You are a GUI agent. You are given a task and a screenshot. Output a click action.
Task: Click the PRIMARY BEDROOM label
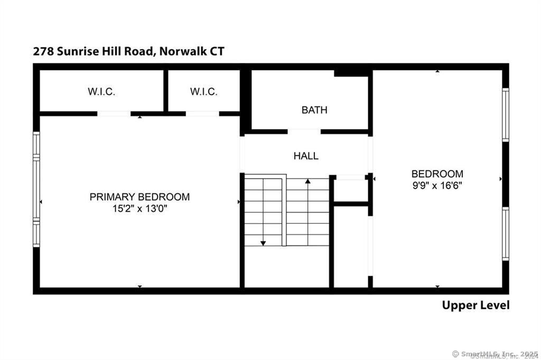pos(139,197)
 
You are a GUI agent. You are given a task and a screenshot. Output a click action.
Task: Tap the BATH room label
pos(314,110)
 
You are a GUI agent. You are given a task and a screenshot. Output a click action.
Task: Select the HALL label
pos(306,156)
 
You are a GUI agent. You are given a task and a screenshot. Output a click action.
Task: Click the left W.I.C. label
pos(101,91)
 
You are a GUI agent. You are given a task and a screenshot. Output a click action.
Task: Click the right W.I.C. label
pos(203,91)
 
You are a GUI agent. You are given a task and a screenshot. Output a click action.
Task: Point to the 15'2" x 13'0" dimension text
pos(139,209)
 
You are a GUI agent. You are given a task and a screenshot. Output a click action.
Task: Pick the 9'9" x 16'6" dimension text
pos(437,185)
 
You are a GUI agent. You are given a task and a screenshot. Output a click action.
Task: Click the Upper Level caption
pos(475,305)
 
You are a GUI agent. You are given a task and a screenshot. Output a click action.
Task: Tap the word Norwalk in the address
pos(185,51)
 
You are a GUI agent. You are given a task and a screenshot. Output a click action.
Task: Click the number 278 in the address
pos(42,51)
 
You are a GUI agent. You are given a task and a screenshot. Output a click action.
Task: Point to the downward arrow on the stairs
pos(263,242)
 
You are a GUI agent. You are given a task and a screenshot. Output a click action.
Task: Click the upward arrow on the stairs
pos(308,182)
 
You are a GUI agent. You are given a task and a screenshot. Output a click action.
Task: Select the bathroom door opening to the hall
pos(304,130)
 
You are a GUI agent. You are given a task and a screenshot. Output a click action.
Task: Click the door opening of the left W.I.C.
pos(114,113)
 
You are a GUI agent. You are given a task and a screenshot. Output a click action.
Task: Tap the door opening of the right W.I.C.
pos(202,113)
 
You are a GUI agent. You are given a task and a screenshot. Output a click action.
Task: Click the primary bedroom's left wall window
pos(36,189)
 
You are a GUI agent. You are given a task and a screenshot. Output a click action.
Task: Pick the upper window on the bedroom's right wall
pos(506,115)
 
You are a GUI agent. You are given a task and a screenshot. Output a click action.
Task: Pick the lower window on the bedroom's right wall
pos(506,233)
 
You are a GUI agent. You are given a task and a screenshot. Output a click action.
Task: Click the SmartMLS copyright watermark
pos(495,353)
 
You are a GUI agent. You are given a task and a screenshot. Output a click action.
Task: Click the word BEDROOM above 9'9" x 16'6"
pos(437,174)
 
